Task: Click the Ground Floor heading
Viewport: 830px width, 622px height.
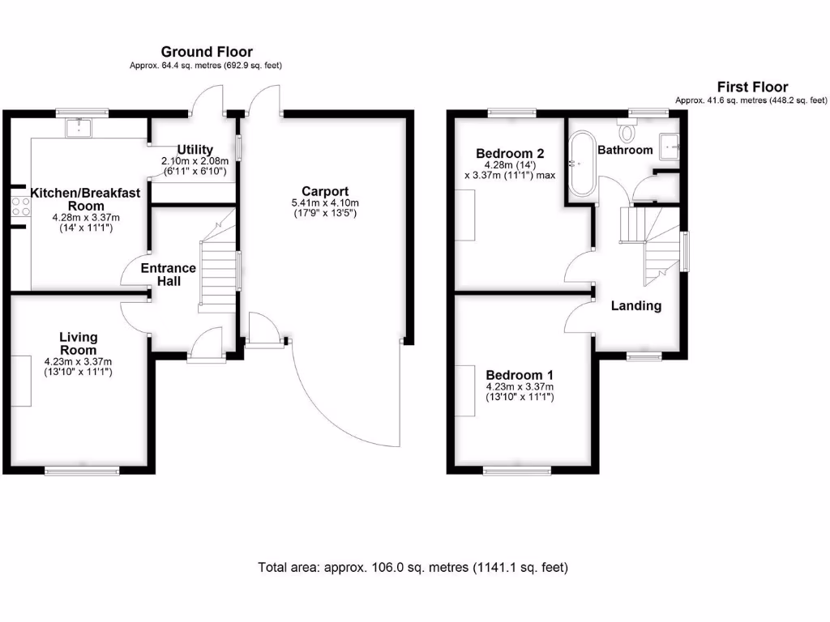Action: [206, 52]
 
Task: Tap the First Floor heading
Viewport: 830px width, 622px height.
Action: [751, 87]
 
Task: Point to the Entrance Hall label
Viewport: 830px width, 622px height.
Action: [168, 275]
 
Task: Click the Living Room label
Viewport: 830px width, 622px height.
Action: [78, 343]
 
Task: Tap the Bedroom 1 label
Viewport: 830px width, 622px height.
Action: [519, 375]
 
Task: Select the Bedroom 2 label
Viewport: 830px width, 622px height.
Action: [509, 153]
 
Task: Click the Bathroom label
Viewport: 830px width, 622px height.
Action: [625, 150]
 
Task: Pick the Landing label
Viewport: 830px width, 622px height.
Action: [635, 305]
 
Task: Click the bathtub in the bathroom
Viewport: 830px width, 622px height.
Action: [580, 164]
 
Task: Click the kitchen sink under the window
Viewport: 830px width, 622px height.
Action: [79, 126]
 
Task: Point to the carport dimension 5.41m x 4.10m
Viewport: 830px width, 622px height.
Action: [325, 202]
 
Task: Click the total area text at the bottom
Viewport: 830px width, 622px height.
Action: [413, 567]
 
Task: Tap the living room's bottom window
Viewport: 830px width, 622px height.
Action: [82, 470]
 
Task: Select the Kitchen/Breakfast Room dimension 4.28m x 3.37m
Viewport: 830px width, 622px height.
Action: [85, 218]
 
